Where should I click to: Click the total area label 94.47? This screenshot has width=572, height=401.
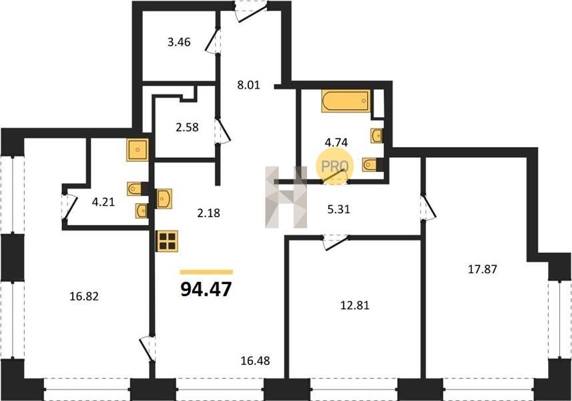pos(206,289)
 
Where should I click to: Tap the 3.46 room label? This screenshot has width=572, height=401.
pos(179,42)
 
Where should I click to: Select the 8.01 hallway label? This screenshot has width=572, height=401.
pos(248,85)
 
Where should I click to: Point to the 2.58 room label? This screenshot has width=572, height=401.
pos(187,127)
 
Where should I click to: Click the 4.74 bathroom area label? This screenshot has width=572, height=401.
pos(336,142)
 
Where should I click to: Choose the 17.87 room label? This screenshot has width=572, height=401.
pos(483,269)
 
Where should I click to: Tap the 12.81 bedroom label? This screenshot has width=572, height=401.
pos(354,305)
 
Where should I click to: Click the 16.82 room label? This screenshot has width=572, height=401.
pos(84,296)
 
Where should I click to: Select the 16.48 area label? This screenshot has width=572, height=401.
pos(256,361)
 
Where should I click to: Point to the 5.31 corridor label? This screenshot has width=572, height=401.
pos(339,209)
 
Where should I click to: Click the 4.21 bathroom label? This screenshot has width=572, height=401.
pos(103,202)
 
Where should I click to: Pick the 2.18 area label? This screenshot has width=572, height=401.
pos(209,213)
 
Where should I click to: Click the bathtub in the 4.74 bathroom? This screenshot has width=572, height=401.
pos(346,101)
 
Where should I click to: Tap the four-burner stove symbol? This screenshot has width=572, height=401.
pos(168,241)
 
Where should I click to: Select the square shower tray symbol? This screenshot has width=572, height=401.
pos(137,149)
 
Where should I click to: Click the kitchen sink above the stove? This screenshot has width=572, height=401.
pos(164,198)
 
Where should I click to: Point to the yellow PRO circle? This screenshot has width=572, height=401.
pos(334,166)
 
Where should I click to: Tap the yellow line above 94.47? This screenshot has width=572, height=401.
pos(206,272)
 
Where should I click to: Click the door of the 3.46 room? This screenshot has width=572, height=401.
pos(212,41)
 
